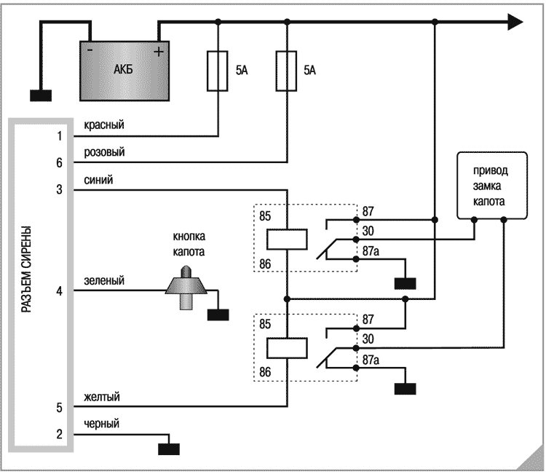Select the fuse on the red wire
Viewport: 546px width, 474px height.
tap(218, 71)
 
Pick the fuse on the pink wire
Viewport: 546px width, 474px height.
tap(286, 71)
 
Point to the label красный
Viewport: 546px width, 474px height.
tap(103, 125)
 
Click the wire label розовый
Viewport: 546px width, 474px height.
tap(104, 152)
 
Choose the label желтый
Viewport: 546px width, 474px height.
tap(101, 397)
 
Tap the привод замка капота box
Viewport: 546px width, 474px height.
tap(490, 186)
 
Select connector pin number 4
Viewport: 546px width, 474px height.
tap(59, 291)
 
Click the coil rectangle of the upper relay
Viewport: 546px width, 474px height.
tap(286, 239)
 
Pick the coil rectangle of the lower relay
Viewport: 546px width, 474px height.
tap(286, 348)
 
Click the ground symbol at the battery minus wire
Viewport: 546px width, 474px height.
tap(41, 95)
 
